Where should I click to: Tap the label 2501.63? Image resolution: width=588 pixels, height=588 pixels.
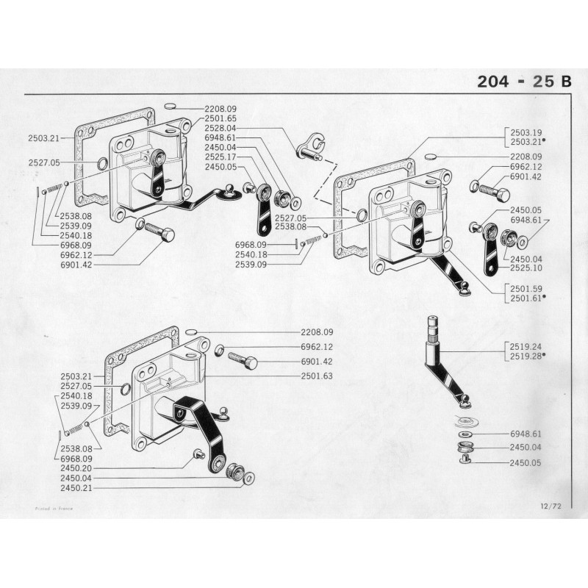317,376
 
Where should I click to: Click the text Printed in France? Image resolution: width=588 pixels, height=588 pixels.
54,508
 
